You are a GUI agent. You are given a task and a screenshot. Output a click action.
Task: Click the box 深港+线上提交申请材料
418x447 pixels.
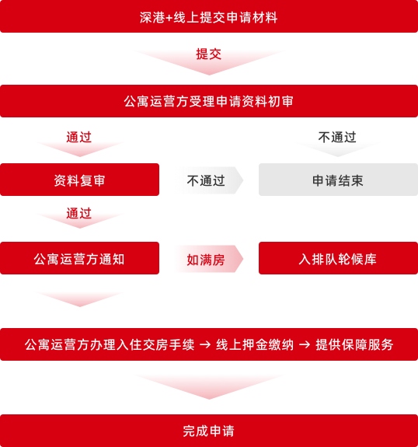pyautogui.click(x=209, y=16)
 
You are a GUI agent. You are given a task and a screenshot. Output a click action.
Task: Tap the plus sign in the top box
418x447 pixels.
pyautogui.click(x=169, y=18)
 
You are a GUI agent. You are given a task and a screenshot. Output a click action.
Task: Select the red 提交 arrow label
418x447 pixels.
pyautogui.click(x=209, y=54)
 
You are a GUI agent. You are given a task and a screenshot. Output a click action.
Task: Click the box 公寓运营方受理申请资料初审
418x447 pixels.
pyautogui.click(x=209, y=101)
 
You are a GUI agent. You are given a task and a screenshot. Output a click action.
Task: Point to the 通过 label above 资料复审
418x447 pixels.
pyautogui.click(x=79, y=137)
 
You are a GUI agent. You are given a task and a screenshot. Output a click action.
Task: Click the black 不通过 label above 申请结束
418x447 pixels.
pyautogui.click(x=337, y=137)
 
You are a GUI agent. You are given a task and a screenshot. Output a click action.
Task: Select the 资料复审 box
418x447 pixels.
pyautogui.click(x=79, y=180)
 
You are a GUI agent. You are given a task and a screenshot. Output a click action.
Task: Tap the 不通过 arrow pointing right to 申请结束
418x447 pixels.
pyautogui.click(x=210, y=180)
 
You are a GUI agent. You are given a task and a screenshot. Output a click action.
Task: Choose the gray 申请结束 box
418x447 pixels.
pyautogui.click(x=338, y=180)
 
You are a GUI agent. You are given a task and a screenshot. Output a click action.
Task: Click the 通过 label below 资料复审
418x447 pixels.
pyautogui.click(x=79, y=213)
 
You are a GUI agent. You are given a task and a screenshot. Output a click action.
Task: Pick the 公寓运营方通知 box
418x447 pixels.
pyautogui.click(x=79, y=258)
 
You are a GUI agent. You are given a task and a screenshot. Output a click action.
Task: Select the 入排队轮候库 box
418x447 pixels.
pyautogui.click(x=338, y=258)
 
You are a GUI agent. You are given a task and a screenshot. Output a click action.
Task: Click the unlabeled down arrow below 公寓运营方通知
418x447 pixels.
pyautogui.click(x=80, y=299)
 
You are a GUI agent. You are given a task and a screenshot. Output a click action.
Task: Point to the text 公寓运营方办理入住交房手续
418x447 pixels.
pyautogui.click(x=110, y=344)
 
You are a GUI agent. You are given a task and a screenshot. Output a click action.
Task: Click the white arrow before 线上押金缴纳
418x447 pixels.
pyautogui.click(x=205, y=345)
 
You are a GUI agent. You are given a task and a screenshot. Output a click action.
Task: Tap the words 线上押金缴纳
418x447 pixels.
pyautogui.click(x=255, y=344)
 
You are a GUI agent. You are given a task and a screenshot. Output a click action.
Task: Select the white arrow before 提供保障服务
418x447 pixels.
pyautogui.click(x=305, y=345)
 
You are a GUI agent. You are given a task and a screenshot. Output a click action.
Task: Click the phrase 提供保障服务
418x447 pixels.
pyautogui.click(x=354, y=344)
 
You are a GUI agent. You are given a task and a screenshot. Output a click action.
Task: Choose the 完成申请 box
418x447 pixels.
pyautogui.click(x=209, y=431)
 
